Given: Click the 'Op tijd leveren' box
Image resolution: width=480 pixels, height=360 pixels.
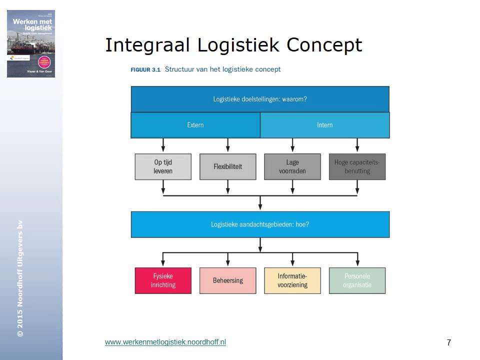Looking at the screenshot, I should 163,166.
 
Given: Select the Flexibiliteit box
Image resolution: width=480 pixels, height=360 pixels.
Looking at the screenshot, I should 227,166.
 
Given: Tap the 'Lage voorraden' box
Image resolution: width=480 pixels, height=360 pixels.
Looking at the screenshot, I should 292,166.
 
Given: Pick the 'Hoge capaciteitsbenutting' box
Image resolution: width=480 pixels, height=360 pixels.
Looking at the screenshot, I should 357,166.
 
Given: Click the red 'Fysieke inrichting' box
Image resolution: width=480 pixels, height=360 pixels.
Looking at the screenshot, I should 163,280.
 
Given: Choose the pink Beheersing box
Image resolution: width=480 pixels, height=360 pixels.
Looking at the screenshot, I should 227,280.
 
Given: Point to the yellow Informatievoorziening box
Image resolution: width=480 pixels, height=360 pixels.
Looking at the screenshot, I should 292,280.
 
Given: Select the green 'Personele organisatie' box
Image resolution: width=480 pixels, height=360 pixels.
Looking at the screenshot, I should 357,280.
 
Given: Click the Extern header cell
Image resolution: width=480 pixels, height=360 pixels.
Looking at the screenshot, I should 195,125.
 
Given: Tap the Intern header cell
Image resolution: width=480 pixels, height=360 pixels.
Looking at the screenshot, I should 325,125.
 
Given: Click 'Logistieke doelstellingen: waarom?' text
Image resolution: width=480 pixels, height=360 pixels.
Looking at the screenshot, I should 260,99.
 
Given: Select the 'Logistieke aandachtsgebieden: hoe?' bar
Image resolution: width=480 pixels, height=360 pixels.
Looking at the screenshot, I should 260,224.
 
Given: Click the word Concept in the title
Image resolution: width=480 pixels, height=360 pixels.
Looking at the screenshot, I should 324,45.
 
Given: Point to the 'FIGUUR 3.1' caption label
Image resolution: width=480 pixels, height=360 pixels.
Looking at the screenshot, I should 145,70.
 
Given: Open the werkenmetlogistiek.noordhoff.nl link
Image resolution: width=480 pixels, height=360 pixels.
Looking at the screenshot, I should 165,342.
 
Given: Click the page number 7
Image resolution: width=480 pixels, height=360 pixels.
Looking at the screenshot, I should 448,342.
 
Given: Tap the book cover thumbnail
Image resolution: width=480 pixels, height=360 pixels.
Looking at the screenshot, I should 31,44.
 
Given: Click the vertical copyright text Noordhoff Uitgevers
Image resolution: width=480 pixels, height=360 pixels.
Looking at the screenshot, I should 20,277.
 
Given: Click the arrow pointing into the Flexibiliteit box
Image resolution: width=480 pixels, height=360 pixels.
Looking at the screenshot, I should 228,145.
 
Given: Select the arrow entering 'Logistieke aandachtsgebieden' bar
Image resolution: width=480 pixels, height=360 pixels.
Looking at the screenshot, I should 260,203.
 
